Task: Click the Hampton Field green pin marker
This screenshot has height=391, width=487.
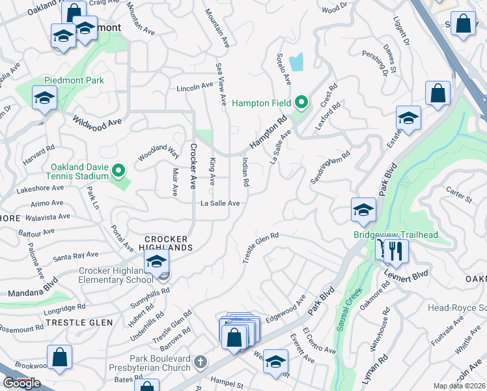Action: point(301,102)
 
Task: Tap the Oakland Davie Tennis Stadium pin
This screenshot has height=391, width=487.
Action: point(118,171)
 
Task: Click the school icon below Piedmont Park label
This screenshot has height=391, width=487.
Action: point(44,98)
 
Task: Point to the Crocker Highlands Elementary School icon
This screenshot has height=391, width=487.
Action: point(156,263)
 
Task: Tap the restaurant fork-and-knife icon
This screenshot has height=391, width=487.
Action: point(395,250)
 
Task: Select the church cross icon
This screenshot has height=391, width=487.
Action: point(201,361)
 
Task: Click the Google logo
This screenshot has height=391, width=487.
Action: point(21,383)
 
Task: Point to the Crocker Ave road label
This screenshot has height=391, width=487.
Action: point(193,166)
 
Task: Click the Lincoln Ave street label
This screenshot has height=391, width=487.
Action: point(195,86)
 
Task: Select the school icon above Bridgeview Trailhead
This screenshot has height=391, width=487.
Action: point(363,210)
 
